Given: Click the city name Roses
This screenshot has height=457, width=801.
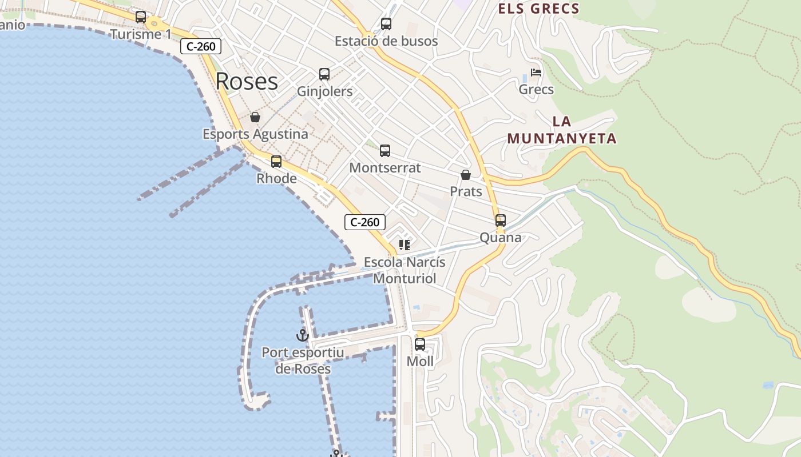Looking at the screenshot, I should point(247,82).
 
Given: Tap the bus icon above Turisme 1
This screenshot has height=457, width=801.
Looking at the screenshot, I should point(141,17).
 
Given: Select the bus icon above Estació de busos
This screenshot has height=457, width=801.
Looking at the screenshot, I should point(386,24).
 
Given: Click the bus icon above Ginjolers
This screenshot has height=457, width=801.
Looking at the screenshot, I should point(324,74).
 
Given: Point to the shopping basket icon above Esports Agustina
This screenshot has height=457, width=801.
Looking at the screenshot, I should point(255,117).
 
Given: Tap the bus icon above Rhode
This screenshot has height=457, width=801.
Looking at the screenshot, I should point(276,162).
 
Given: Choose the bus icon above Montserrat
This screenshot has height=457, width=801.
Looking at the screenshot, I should point(385,151).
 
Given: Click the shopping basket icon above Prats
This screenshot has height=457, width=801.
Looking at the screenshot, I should point(466,175).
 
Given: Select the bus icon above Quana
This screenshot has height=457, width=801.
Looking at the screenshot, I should point(501,221).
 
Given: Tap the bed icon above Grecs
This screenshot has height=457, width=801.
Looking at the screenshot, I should point(536,73).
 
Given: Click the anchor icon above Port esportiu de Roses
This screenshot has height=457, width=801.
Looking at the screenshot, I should point(303,335).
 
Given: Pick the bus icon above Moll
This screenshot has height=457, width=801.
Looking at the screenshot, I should point(420,344).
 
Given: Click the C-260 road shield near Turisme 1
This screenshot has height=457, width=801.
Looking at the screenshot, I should point(201,46).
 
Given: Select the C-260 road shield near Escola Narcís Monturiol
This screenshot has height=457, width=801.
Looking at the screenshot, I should point(365,222).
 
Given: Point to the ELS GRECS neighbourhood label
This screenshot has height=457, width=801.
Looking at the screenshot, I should point(538,9).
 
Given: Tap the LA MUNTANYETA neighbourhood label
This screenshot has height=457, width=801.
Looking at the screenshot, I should point(562,130).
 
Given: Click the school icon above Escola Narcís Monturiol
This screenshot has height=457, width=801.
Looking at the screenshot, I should point(405,245).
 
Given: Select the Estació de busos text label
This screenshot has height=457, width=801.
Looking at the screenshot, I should point(386,41).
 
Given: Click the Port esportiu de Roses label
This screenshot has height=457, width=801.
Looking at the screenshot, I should point(303,360).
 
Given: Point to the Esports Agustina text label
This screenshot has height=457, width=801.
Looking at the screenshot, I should point(255,134).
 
